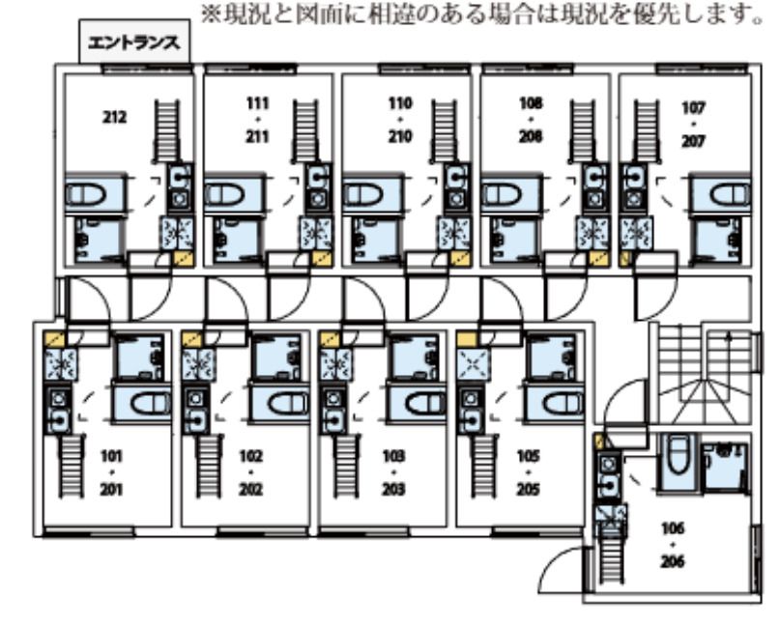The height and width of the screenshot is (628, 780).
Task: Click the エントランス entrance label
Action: pyautogui.click(x=133, y=43)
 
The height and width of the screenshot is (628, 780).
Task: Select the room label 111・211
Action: pyautogui.click(x=256, y=120)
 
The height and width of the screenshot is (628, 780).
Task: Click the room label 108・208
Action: pyautogui.click(x=531, y=120)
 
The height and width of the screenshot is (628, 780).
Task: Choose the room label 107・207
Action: pyautogui.click(x=693, y=125)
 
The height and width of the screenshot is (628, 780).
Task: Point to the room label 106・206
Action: pyautogui.click(x=673, y=545)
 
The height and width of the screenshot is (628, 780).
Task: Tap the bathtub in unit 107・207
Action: pyautogui.click(x=719, y=196)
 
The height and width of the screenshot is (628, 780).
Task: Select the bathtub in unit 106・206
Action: pyautogui.click(x=675, y=461)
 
